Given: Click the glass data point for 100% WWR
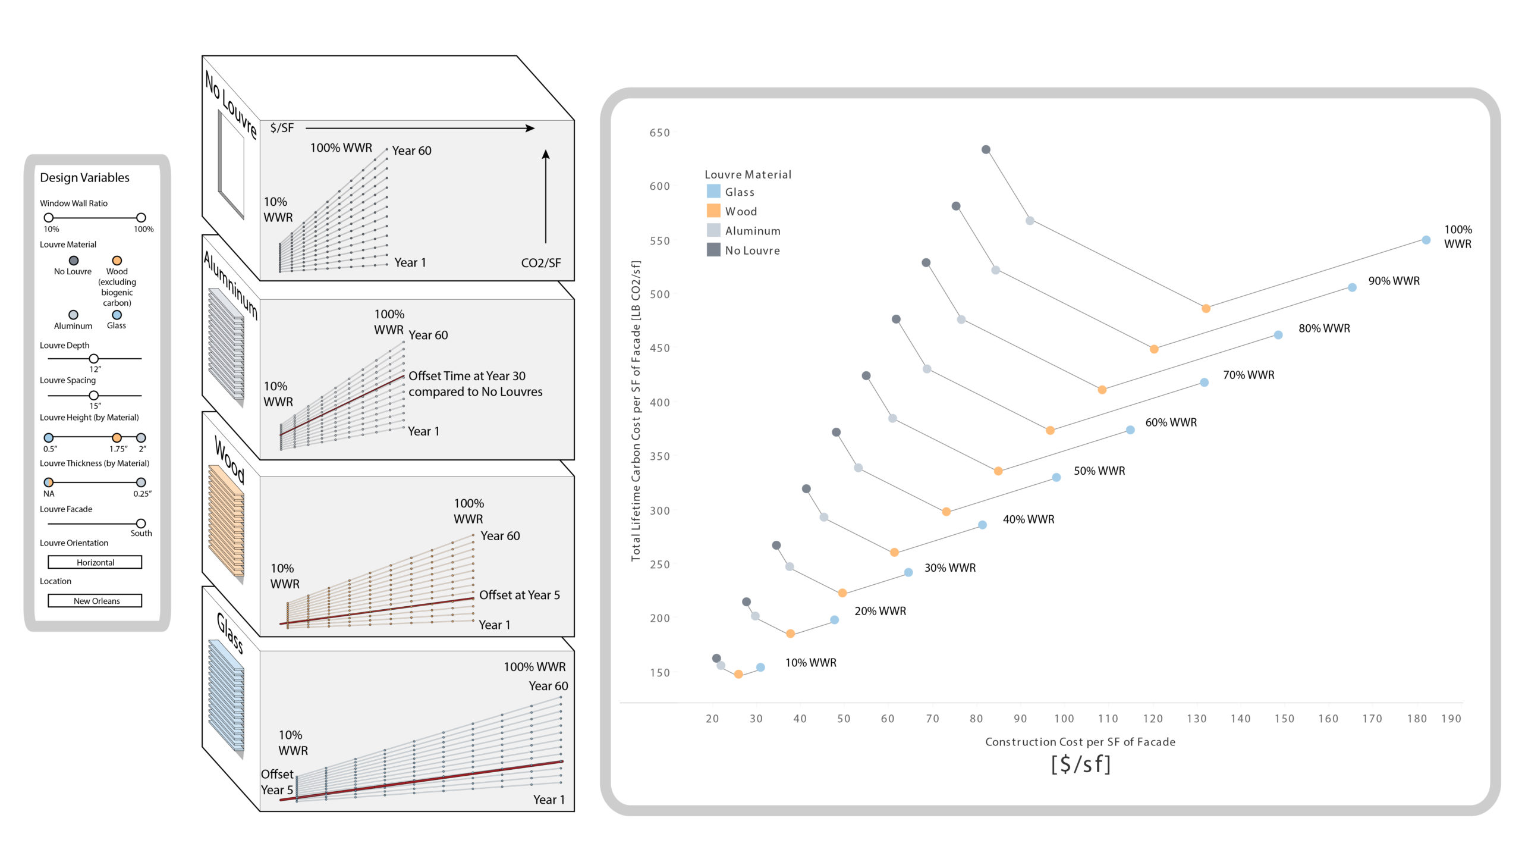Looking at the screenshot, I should pyautogui.click(x=1426, y=240).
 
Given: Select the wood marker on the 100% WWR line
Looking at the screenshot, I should pyautogui.click(x=1206, y=308).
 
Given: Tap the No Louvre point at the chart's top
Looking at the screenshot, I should pyautogui.click(x=986, y=149).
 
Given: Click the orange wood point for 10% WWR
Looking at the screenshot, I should pyautogui.click(x=738, y=674).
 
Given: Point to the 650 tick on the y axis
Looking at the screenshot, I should pyautogui.click(x=659, y=133).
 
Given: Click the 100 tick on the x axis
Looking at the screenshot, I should pyautogui.click(x=1064, y=719).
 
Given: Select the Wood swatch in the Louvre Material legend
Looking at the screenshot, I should pyautogui.click(x=713, y=211).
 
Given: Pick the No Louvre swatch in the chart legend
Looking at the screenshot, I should pyautogui.click(x=713, y=250).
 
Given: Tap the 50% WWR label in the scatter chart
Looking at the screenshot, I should pyautogui.click(x=1099, y=471).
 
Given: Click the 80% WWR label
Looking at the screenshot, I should pyautogui.click(x=1324, y=328).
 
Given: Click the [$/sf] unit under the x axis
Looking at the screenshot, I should pyautogui.click(x=1080, y=764).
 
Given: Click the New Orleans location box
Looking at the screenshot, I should pyautogui.click(x=95, y=601).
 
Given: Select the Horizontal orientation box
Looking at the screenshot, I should pyautogui.click(x=95, y=562).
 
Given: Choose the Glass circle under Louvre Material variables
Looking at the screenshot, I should pyautogui.click(x=117, y=315).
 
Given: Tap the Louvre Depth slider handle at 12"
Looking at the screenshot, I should pyautogui.click(x=94, y=359).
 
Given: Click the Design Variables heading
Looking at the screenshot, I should pyautogui.click(x=84, y=177).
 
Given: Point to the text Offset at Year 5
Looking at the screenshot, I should pyautogui.click(x=519, y=595).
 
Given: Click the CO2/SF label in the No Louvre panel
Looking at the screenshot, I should pyautogui.click(x=540, y=263).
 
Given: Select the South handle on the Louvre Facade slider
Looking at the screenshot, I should pyautogui.click(x=141, y=524).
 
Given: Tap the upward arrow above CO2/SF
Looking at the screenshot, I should pyautogui.click(x=546, y=196).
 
